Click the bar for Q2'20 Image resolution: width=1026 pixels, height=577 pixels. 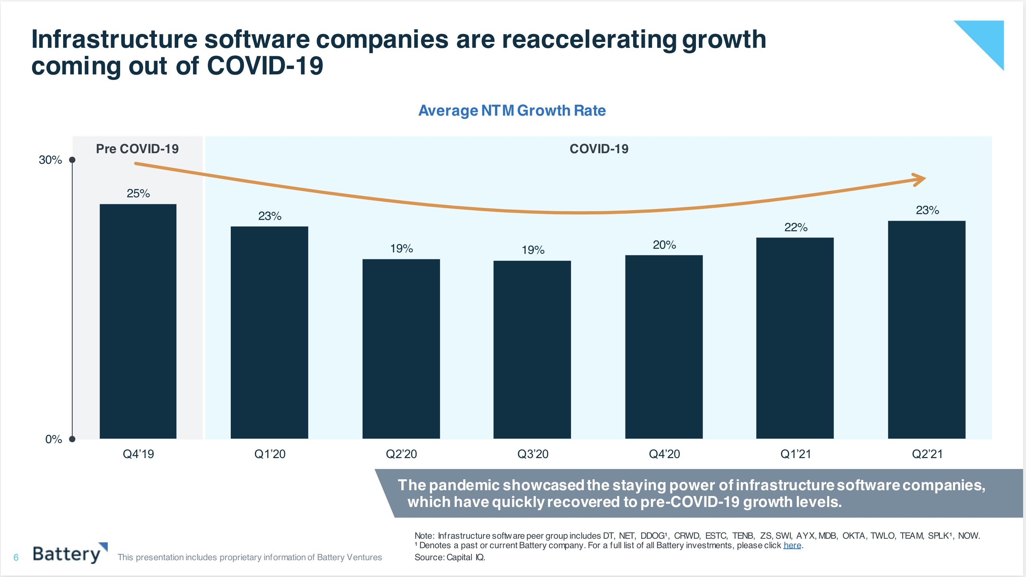(x=401, y=349)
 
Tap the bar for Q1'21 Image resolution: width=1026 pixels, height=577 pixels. (x=795, y=338)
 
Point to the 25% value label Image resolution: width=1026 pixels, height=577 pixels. (x=138, y=193)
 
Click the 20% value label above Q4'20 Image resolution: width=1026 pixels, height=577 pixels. (x=664, y=245)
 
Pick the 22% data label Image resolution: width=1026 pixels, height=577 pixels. (x=795, y=227)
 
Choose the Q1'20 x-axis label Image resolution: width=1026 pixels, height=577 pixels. (x=269, y=454)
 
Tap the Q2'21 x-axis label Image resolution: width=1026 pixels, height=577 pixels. (x=927, y=454)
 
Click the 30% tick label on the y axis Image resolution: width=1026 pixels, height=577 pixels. (x=50, y=160)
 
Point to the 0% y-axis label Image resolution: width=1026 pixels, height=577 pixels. (x=53, y=439)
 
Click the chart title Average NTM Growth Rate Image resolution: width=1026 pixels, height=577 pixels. (x=512, y=110)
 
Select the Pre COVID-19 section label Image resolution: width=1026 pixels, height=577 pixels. (x=137, y=149)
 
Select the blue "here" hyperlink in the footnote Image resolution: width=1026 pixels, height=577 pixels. (x=792, y=545)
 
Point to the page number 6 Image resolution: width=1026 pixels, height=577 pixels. (x=16, y=557)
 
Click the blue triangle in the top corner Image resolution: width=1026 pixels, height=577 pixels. (x=986, y=38)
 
